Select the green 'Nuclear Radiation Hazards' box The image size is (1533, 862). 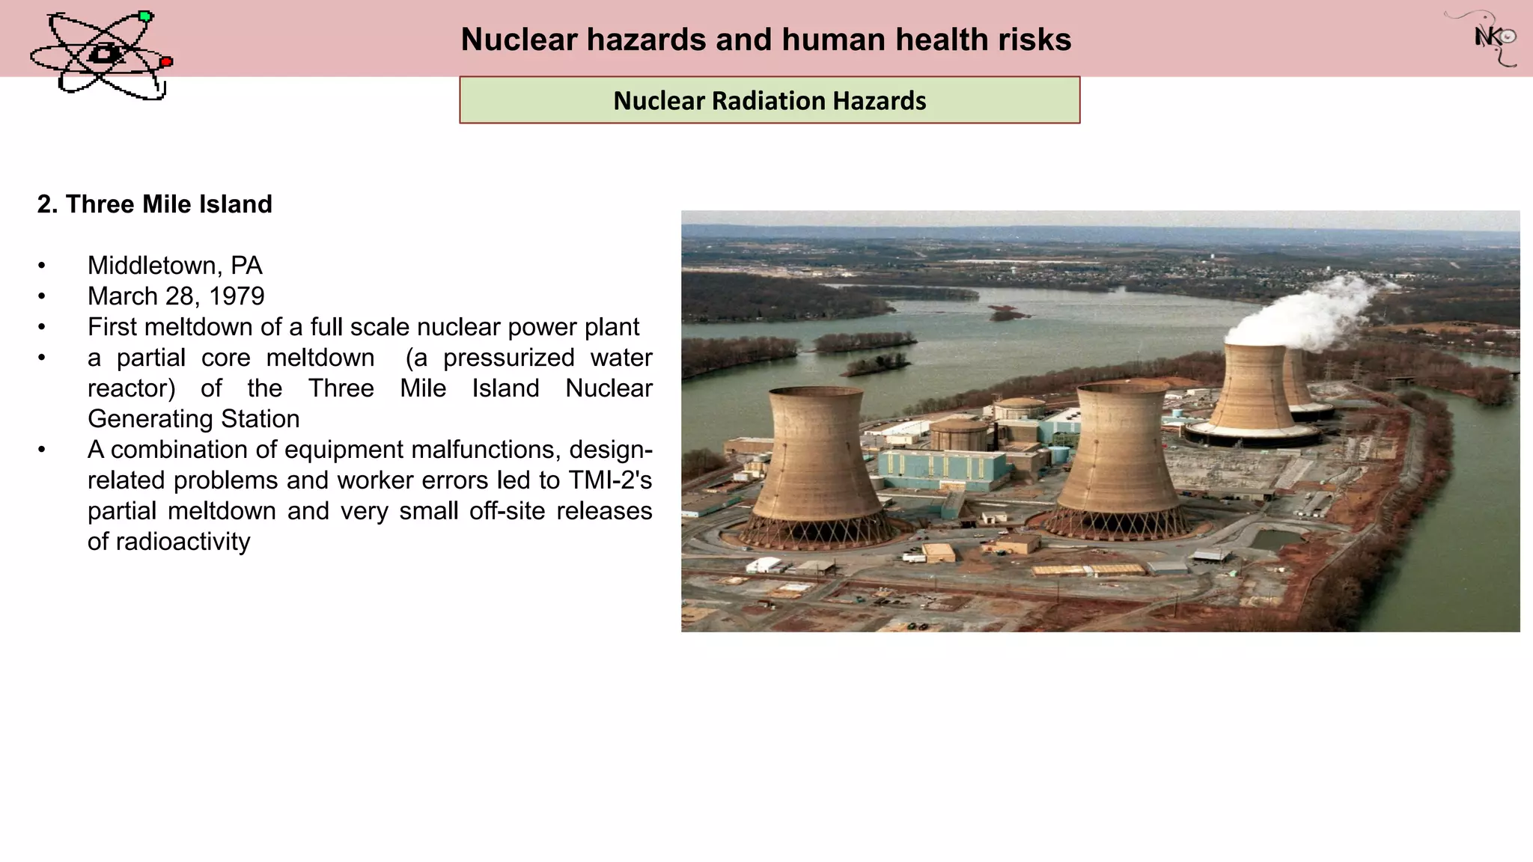[769, 100]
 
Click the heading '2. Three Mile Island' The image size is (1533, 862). [155, 204]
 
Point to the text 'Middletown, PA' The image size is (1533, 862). [174, 266]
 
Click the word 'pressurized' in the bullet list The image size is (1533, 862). [508, 358]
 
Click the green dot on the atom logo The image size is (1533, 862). [145, 16]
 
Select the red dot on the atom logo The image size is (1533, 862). [166, 62]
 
